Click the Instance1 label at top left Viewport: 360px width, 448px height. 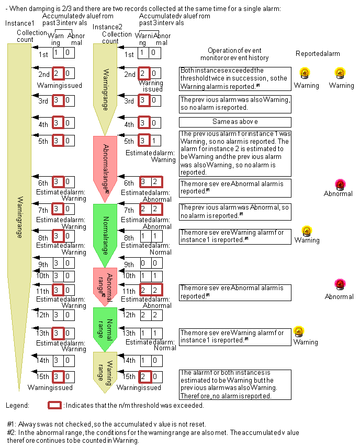(19, 24)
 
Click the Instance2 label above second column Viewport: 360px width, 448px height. (107, 27)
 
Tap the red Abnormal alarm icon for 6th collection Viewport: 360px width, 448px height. (340, 184)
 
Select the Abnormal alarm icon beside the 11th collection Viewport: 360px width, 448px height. (340, 285)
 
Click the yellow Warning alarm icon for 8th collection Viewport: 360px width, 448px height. (307, 231)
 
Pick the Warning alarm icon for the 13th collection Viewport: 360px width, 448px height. (299, 332)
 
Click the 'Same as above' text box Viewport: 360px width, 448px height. (234, 122)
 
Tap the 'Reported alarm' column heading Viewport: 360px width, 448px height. (318, 54)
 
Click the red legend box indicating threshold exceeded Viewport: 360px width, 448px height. (54, 405)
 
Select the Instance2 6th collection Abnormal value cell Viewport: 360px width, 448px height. (155, 181)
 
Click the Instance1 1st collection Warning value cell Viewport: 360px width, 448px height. (58, 53)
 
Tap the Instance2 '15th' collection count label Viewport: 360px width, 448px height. (129, 376)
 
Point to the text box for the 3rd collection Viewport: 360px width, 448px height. (234, 103)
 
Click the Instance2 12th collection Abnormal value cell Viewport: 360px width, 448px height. (155, 315)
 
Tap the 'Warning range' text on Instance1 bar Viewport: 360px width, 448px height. (20, 217)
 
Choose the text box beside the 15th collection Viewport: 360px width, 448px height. (234, 384)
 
